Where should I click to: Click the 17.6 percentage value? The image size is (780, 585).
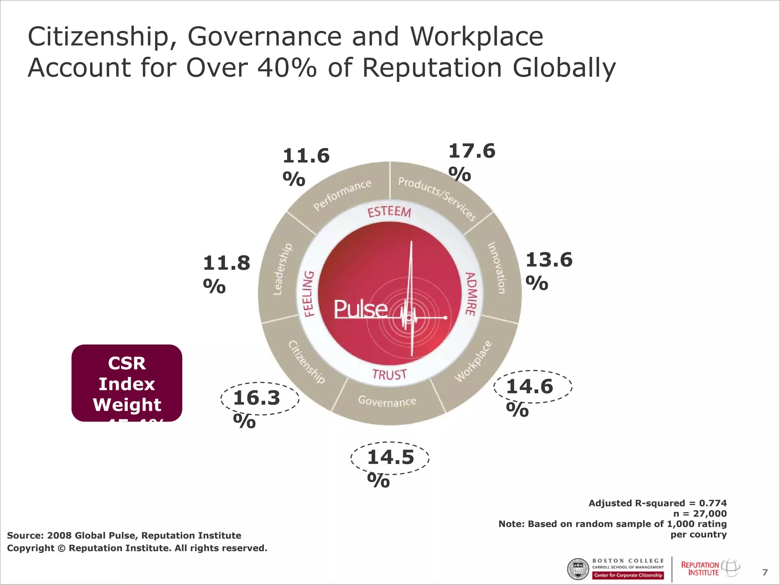(472, 152)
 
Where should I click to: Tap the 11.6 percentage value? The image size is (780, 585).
(306, 157)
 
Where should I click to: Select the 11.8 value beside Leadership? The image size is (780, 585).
(226, 264)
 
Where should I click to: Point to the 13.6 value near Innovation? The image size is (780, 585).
(549, 260)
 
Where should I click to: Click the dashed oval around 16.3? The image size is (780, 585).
(260, 398)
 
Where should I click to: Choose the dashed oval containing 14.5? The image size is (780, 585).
(390, 458)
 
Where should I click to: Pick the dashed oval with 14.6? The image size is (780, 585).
(533, 387)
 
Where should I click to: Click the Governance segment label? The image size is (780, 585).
(387, 401)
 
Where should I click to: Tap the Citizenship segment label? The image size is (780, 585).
(307, 362)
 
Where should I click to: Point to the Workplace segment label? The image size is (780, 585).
(473, 361)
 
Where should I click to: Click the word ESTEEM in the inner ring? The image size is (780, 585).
(389, 212)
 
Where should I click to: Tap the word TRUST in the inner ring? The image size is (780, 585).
(389, 375)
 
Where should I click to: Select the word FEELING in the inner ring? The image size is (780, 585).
(309, 294)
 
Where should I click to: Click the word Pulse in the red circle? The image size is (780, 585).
(360, 309)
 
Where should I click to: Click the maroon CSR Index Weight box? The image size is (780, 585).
(127, 383)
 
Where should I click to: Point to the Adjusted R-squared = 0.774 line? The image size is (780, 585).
(657, 503)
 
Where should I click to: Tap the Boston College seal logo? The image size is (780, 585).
(578, 569)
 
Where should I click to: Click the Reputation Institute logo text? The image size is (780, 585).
(700, 568)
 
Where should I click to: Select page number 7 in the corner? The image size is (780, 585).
(765, 572)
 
